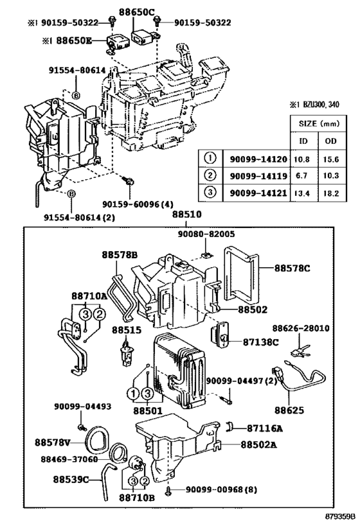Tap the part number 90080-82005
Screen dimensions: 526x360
point(204,235)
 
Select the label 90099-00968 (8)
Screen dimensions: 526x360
point(221,490)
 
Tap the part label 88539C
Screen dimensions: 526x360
point(70,478)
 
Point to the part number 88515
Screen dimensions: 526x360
point(126,329)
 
